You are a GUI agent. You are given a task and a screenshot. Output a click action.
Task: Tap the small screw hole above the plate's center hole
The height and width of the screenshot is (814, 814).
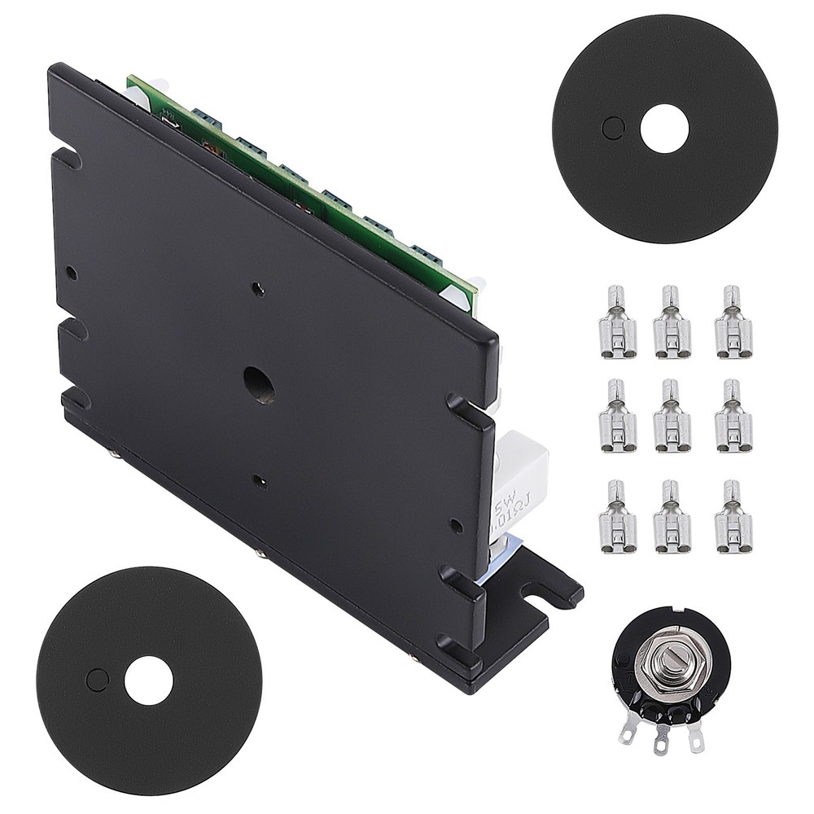[x=258, y=288]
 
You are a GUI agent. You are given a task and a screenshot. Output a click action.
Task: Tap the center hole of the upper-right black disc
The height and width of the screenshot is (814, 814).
[x=664, y=129]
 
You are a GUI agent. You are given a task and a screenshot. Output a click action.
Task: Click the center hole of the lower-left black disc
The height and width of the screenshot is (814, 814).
[x=148, y=681]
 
